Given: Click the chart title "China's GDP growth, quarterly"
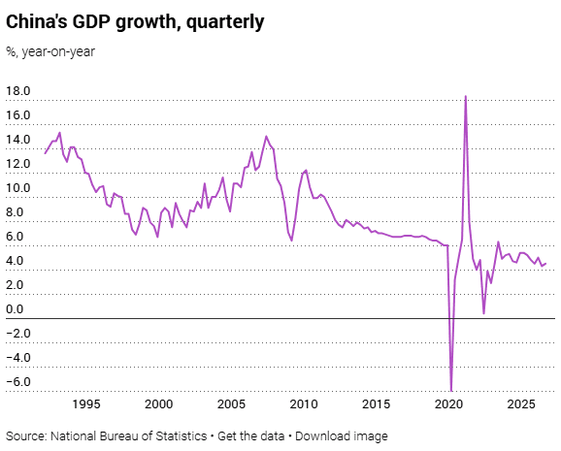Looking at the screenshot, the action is coord(135,22).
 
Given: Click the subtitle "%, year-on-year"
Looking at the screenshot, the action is coord(50,51).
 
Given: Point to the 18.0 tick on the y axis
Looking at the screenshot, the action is coord(18,91).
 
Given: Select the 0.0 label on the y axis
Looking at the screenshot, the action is coord(15,309).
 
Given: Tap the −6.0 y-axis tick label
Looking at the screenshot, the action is coord(18,381).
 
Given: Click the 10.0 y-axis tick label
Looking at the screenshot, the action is coord(18,188).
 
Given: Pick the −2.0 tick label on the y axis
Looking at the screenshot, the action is coord(18,334).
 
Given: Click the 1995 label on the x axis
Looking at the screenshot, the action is coord(86,404).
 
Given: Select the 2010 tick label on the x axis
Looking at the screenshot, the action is coord(304,404).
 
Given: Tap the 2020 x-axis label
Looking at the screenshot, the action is coord(448,404).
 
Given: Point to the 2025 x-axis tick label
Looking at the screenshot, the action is coord(521,404).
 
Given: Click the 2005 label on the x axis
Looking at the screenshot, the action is coord(231,404).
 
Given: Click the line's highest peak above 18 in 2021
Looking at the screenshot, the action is coord(466,96).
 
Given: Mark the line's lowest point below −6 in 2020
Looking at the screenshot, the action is coord(451,391).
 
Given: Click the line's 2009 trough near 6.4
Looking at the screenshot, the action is coord(291,241).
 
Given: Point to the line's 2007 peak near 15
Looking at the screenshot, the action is coord(266,136).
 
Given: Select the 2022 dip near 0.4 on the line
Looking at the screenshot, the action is coord(483,313).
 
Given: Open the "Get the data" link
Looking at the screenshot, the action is coord(250,436).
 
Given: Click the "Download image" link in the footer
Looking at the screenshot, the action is coord(342,436).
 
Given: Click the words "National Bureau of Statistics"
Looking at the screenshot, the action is coord(129,436).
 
